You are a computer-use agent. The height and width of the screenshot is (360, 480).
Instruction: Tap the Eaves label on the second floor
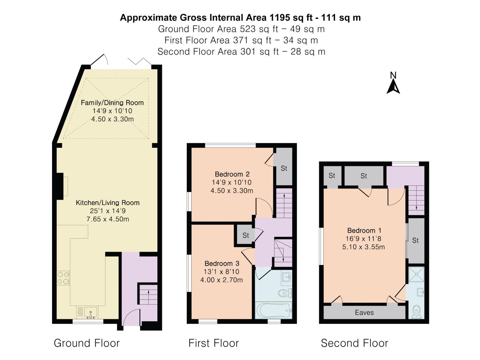point(364,313)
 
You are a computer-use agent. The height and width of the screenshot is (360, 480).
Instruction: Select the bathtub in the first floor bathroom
point(273,311)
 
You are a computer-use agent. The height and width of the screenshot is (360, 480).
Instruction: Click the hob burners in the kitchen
point(63,278)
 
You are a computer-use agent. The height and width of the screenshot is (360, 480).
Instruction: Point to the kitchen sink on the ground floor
point(87,312)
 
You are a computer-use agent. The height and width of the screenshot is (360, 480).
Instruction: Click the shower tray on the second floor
point(416,274)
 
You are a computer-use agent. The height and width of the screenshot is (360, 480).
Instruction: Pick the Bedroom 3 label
point(222,263)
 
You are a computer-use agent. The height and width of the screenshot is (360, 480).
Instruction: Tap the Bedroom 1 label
point(364,230)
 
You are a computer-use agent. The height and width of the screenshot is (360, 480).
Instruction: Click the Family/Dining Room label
point(112,103)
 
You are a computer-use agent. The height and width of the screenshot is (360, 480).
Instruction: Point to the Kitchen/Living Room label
point(108,203)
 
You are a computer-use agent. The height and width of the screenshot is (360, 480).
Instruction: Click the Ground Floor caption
point(87,343)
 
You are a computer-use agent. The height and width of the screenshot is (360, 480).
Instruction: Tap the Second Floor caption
point(355,343)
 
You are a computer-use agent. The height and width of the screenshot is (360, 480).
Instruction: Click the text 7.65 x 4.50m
point(108,219)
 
